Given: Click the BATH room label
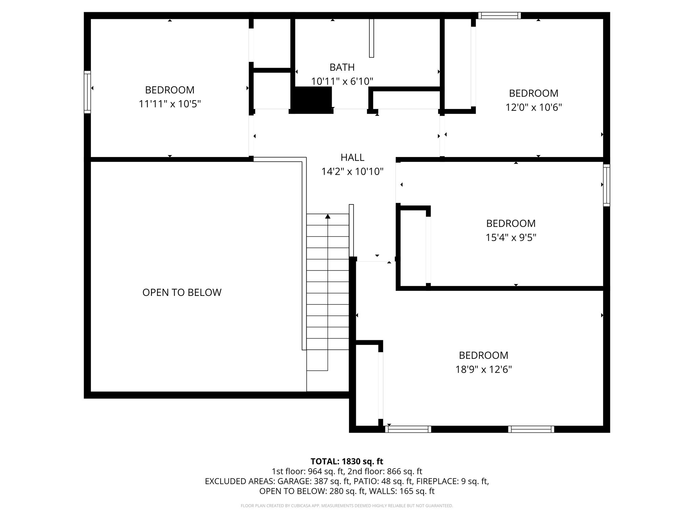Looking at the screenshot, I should (x=342, y=67).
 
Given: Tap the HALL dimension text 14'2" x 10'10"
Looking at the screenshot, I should (x=352, y=172).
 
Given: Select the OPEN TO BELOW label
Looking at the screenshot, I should (x=182, y=292).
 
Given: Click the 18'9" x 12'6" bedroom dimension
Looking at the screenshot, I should (x=483, y=369).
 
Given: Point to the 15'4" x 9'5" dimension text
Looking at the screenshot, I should (x=511, y=238).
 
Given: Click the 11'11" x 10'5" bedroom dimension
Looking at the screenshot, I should (x=169, y=104).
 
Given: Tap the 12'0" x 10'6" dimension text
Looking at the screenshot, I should (x=533, y=107).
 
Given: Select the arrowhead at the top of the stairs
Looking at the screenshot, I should (x=328, y=216).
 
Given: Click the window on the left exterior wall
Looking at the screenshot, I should (x=87, y=92).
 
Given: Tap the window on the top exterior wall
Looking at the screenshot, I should (x=499, y=15).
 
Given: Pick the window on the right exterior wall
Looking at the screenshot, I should (x=606, y=185).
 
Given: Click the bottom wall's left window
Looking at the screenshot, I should (x=408, y=429).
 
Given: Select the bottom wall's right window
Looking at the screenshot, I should (x=531, y=429).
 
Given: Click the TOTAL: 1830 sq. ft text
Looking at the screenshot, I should (x=347, y=461).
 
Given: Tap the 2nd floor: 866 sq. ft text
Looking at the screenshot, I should (x=385, y=471).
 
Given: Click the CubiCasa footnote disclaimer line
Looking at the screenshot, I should (x=347, y=506).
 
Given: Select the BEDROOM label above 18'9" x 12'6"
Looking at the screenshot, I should (x=483, y=355).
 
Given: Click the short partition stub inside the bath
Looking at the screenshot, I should (x=371, y=38).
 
